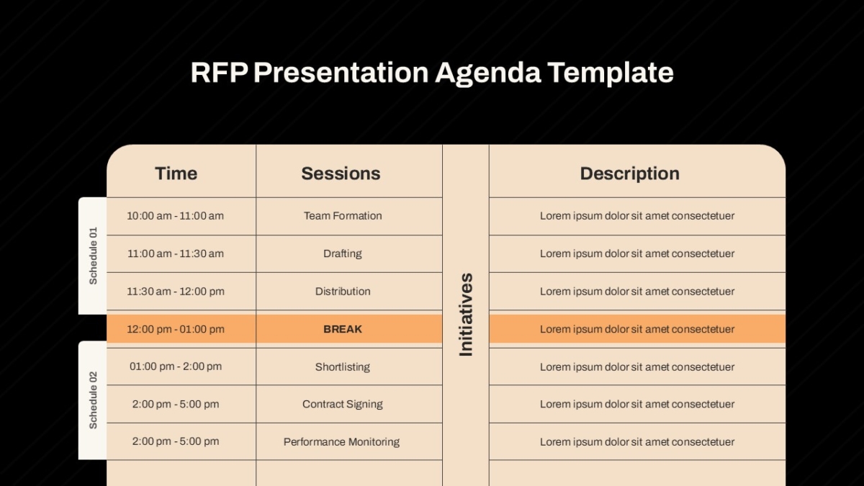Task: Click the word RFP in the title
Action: (219, 72)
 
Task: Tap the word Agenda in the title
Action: (488, 73)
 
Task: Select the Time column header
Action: (176, 174)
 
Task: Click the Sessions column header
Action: (341, 174)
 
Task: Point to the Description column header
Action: (630, 174)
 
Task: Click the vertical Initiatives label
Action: (466, 315)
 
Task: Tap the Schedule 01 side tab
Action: (93, 256)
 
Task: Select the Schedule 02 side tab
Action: (93, 400)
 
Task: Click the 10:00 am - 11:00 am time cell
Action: (176, 215)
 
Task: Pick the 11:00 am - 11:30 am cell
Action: (176, 253)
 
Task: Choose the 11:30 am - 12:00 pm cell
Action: (176, 291)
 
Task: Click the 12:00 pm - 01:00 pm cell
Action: (176, 329)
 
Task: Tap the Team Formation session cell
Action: (343, 215)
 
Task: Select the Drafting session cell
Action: (343, 253)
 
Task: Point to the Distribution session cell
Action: (343, 291)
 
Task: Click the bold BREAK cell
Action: (343, 329)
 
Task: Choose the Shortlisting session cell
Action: (343, 366)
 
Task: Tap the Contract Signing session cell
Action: (343, 404)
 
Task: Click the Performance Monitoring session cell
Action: (341, 442)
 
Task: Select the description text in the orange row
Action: (637, 329)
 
